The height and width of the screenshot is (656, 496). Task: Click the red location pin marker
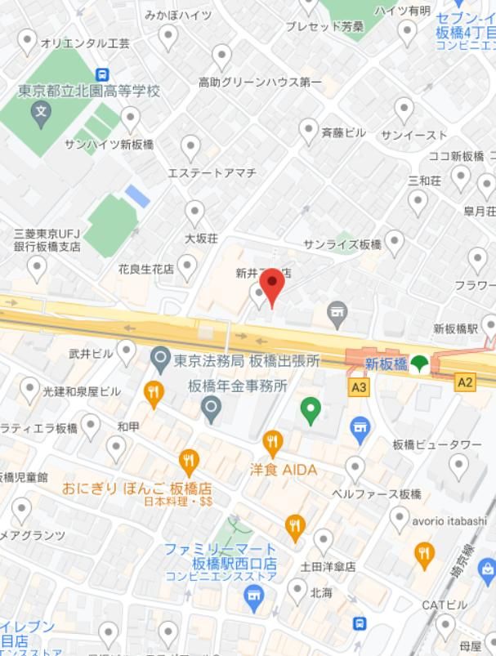pyautogui.click(x=271, y=286)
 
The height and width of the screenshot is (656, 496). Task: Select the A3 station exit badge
pyautogui.click(x=357, y=387)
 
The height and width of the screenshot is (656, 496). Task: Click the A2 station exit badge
pyautogui.click(x=465, y=382)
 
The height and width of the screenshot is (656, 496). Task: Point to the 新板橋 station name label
pyautogui.click(x=386, y=364)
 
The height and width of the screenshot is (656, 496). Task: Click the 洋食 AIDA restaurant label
pyautogui.click(x=283, y=470)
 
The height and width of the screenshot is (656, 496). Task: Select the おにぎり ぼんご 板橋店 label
pyautogui.click(x=136, y=488)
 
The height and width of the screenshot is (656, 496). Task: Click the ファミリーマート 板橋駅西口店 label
pyautogui.click(x=220, y=556)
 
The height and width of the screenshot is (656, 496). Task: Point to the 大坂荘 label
pyautogui.click(x=201, y=239)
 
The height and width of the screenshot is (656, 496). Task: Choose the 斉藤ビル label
pyautogui.click(x=343, y=132)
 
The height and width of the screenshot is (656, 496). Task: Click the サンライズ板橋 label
pyautogui.click(x=342, y=244)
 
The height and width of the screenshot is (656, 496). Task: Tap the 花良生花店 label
pyautogui.click(x=146, y=268)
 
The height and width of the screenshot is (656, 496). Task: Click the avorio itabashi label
pyautogui.click(x=449, y=520)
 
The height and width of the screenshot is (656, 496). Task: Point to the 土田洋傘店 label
pyautogui.click(x=328, y=565)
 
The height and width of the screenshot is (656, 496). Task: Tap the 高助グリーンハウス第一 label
pyautogui.click(x=260, y=83)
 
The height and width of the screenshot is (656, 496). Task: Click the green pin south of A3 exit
pyautogui.click(x=311, y=410)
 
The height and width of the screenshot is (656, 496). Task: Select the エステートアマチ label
pyautogui.click(x=212, y=172)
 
